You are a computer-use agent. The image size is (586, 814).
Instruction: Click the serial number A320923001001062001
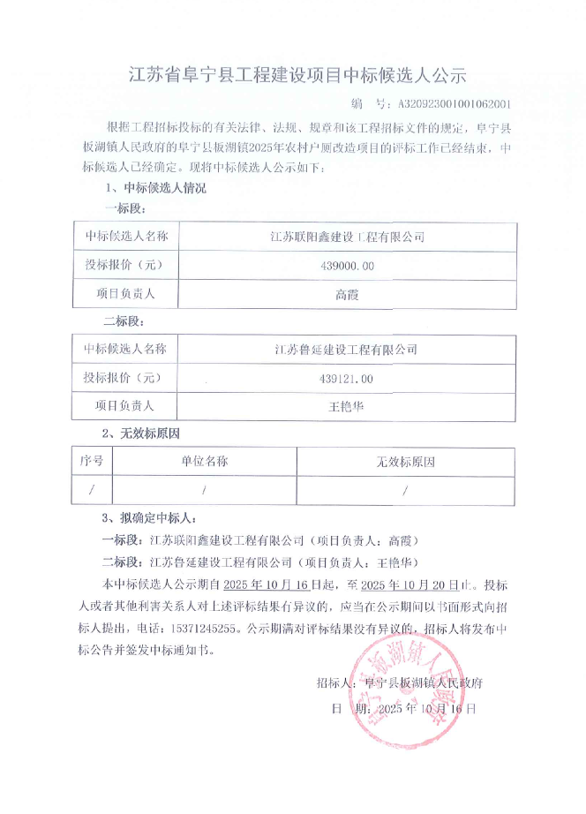455,103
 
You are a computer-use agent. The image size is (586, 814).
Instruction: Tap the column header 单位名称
205,461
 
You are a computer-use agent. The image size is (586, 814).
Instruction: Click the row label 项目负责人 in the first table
125,294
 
